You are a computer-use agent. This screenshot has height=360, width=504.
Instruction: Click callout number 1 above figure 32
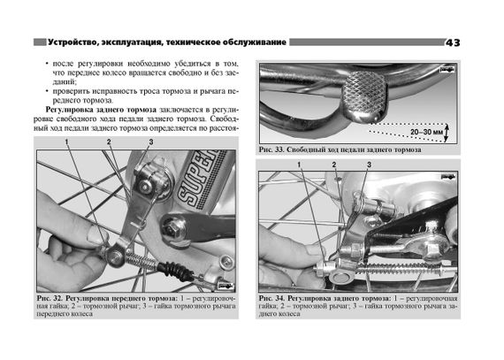(x=65, y=142)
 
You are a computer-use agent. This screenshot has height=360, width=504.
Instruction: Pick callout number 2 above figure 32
(x=108, y=142)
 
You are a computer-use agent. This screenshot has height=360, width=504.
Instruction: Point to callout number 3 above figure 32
(x=150, y=142)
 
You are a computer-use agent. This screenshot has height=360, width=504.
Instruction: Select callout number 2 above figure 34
(x=334, y=165)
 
